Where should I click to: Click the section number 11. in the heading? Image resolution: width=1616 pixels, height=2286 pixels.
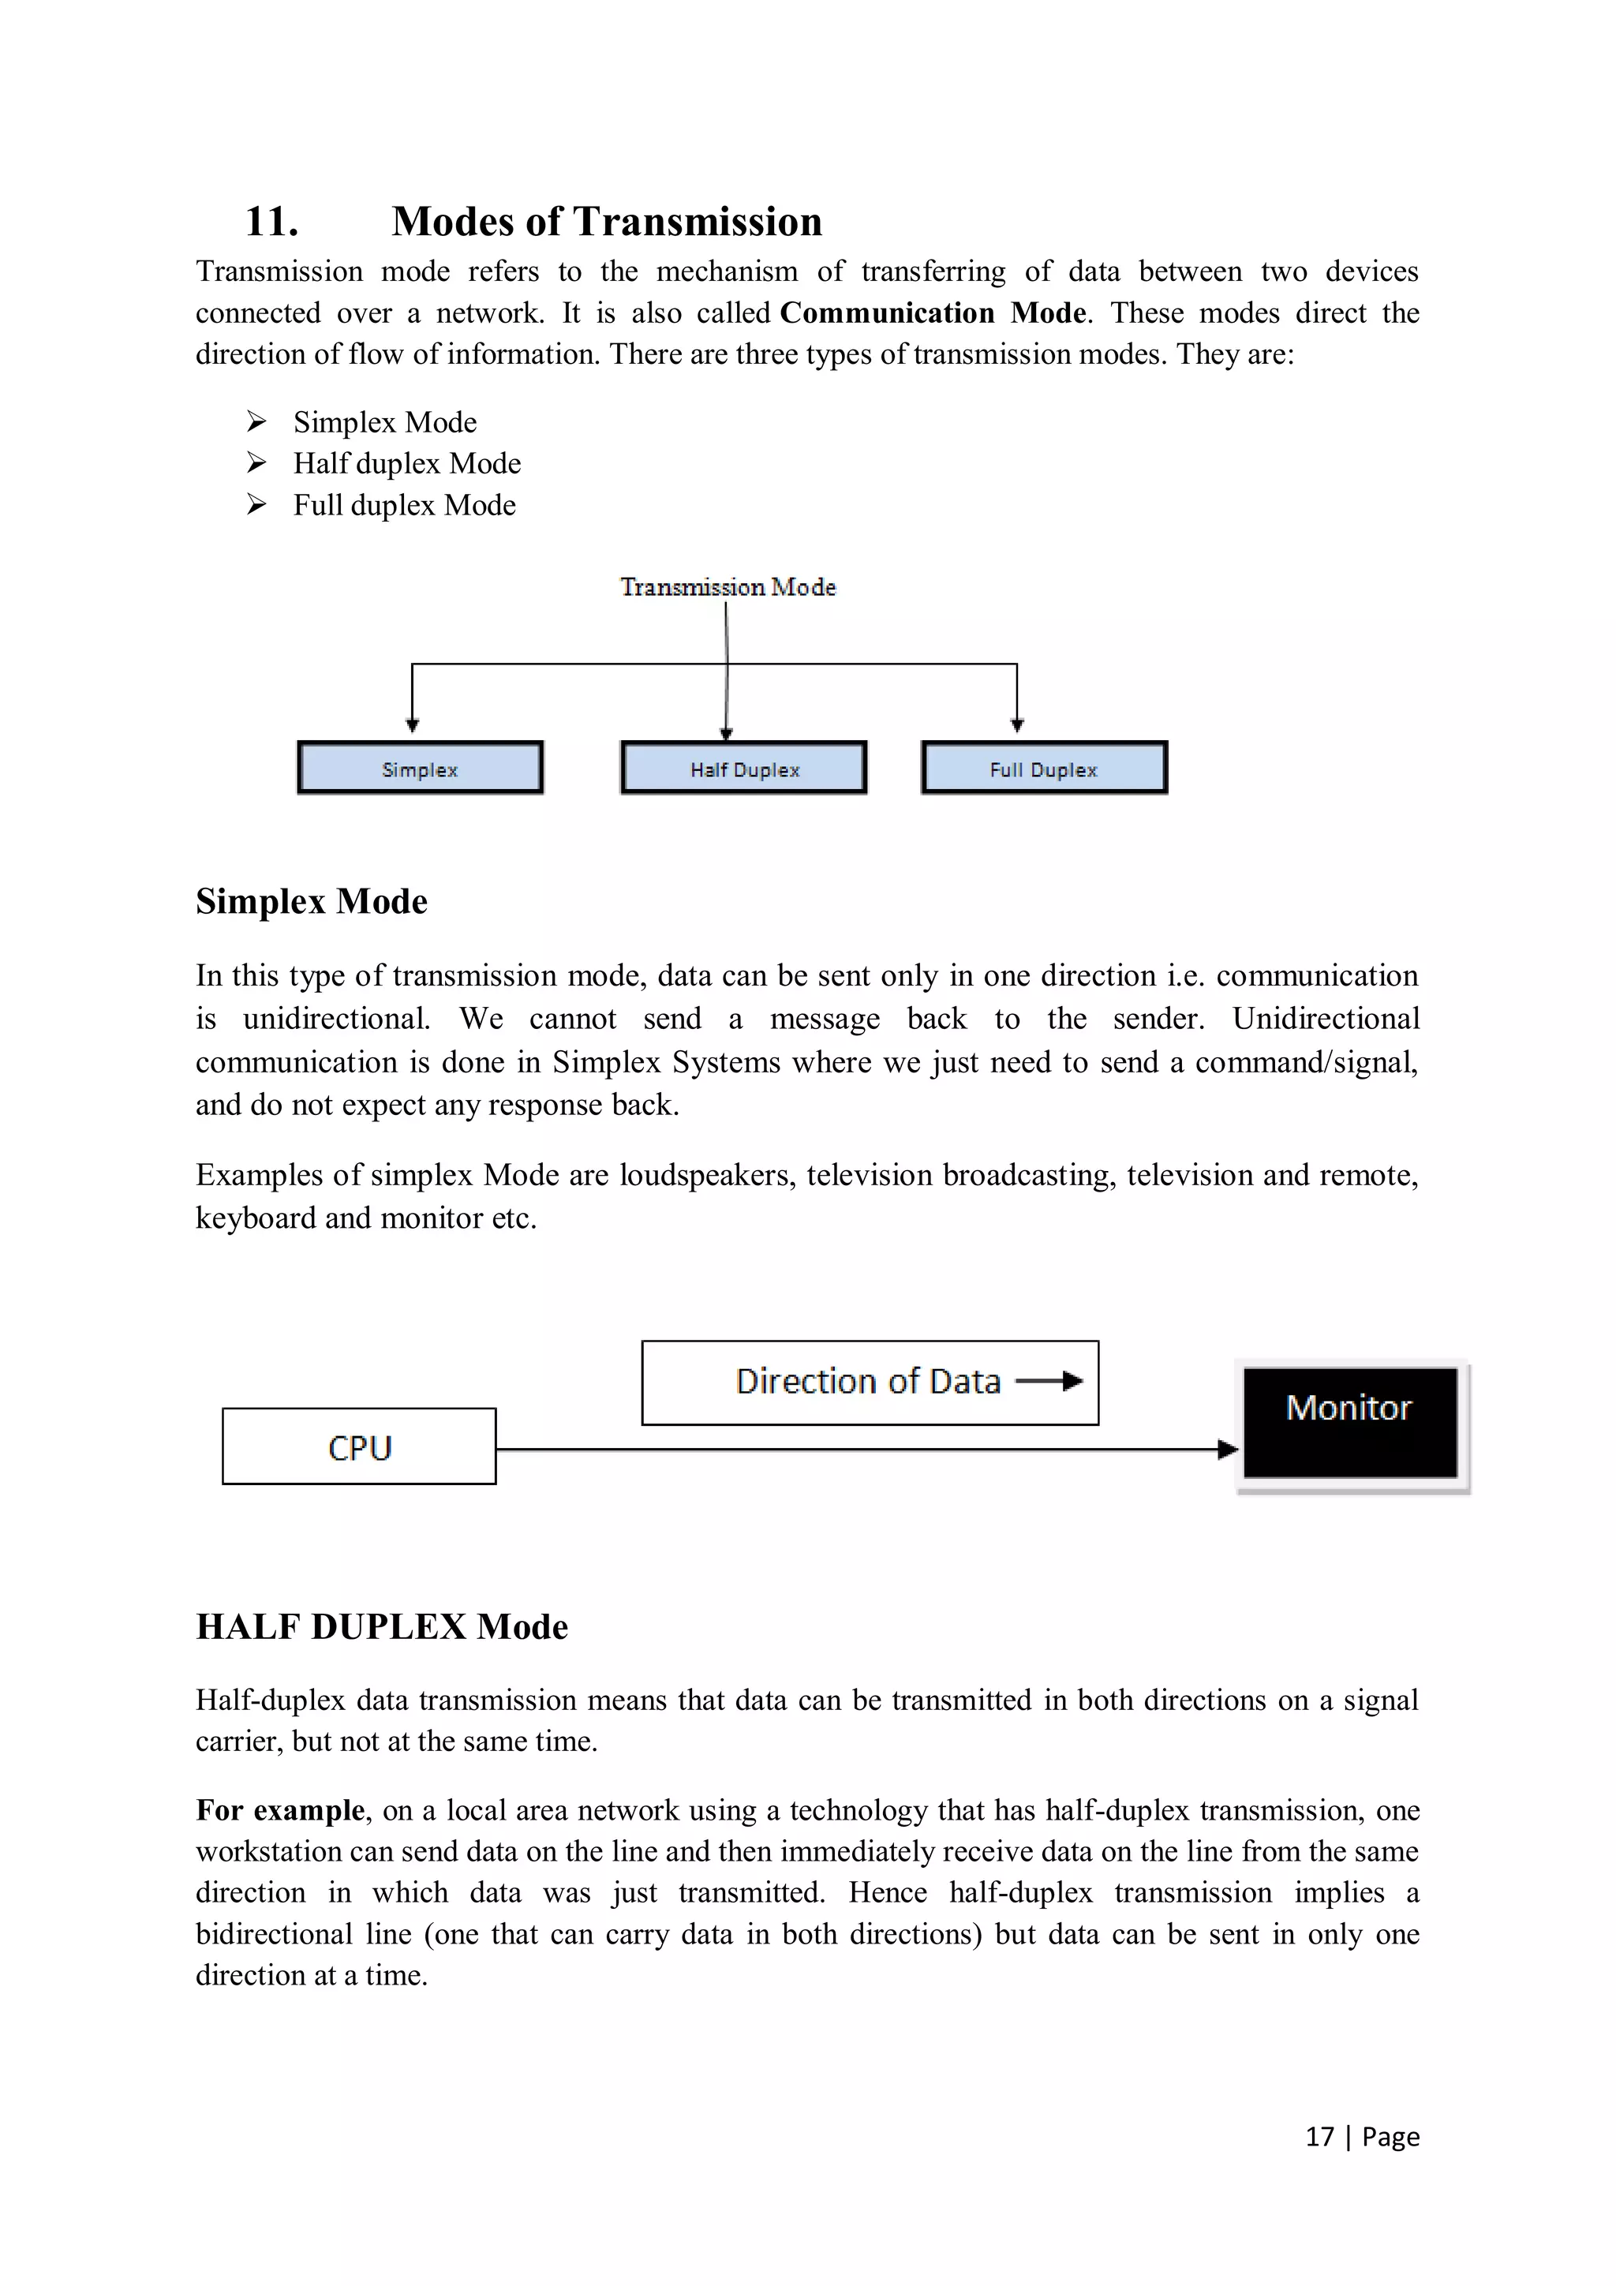pos(271,222)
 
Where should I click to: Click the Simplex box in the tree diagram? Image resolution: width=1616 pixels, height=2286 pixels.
pos(421,768)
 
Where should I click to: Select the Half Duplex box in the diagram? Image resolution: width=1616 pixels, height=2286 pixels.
pos(744,768)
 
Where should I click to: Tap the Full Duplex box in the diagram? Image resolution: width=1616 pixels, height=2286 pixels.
pos(1043,768)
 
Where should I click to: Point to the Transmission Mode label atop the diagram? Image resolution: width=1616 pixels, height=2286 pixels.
pos(728,586)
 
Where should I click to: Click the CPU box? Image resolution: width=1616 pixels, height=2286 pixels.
pos(360,1446)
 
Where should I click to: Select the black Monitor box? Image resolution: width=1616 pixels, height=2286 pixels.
pos(1349,1422)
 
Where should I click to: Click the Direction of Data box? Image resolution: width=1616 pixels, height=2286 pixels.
pos(870,1382)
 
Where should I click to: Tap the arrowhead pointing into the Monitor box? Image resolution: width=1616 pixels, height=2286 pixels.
pos(1228,1450)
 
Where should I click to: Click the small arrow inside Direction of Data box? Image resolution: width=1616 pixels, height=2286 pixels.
pos(1050,1381)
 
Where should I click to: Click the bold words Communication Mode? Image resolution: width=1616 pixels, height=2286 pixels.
pos(932,312)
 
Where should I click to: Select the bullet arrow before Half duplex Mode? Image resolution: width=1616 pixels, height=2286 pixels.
pos(257,463)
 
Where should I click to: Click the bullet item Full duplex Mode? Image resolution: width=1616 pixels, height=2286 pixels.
pos(404,505)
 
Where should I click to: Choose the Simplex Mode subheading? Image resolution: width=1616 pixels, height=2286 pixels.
pos(312,901)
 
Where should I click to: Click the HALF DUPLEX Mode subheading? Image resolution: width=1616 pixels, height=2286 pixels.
pos(381,1626)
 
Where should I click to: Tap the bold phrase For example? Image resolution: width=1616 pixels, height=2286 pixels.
pos(281,1809)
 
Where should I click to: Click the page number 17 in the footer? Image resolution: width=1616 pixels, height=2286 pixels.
pos(1319,2137)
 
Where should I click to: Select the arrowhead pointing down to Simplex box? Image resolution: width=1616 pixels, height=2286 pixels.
pos(412,725)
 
